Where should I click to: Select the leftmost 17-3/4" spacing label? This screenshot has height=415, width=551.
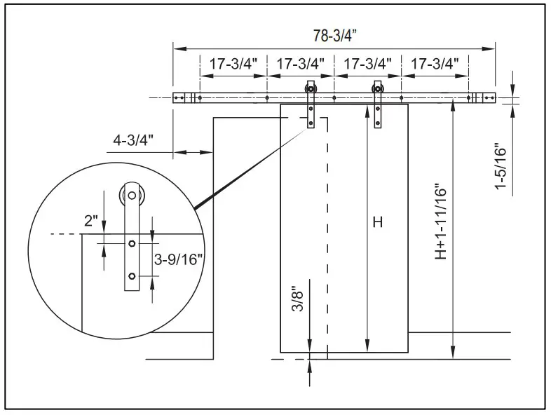[233, 63]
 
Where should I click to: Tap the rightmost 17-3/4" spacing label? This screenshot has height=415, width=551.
[435, 63]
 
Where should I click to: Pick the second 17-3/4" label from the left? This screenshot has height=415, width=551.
[301, 63]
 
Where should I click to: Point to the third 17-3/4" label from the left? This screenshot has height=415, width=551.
[367, 63]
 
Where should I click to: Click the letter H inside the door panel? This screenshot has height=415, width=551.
[377, 223]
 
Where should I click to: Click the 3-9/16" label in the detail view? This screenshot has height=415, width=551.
[178, 259]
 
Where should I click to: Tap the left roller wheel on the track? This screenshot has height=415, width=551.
[310, 88]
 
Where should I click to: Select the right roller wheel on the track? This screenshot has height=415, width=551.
[378, 88]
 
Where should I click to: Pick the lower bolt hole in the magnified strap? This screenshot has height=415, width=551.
[131, 275]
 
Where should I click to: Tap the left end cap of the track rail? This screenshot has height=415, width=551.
[179, 97]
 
